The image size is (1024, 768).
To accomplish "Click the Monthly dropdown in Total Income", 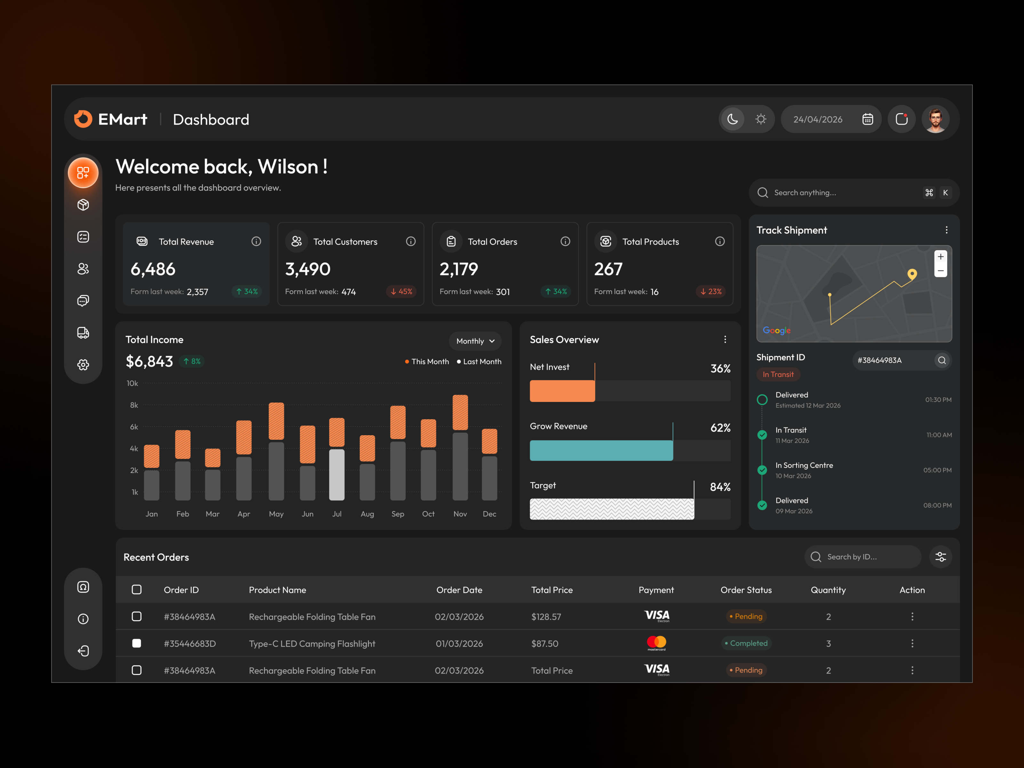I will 475,341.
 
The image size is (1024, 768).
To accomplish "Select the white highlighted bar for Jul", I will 337,475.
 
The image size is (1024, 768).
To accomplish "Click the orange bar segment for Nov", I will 460,412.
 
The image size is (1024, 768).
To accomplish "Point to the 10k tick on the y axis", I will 132,383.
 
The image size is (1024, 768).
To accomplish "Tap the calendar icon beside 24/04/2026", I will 868,119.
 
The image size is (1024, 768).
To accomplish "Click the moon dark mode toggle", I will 732,119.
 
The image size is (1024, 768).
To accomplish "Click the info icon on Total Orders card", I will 565,241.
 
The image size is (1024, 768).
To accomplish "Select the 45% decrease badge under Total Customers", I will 401,292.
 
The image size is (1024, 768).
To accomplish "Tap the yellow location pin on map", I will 912,274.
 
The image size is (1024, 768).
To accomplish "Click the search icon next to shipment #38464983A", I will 941,360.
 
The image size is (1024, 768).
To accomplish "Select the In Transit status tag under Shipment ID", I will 778,374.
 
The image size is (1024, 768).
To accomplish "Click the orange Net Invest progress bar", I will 562,391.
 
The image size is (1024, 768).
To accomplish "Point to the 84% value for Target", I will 720,487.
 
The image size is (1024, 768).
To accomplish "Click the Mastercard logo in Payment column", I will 656,643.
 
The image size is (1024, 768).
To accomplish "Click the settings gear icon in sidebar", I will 83,365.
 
